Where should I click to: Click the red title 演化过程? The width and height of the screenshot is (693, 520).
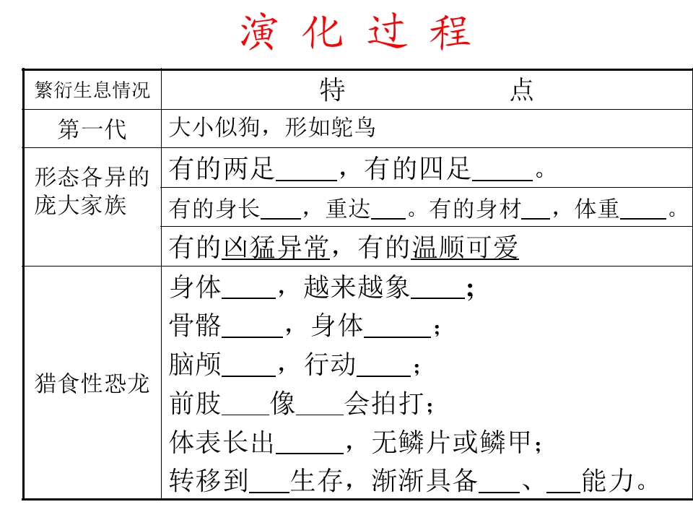pyautogui.click(x=355, y=32)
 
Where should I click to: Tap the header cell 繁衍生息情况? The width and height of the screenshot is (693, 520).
pyautogui.click(x=92, y=90)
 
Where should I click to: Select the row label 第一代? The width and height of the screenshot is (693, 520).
pyautogui.click(x=92, y=129)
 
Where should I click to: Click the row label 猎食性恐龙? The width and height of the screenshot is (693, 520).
pyautogui.click(x=92, y=383)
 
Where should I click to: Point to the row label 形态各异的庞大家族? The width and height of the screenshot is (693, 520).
pyautogui.click(x=92, y=191)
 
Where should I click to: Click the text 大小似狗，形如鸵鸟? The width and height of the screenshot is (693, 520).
pyautogui.click(x=272, y=128)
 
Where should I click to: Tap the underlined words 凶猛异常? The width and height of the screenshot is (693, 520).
pyautogui.click(x=275, y=247)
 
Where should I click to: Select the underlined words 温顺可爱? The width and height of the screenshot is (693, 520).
pyautogui.click(x=465, y=247)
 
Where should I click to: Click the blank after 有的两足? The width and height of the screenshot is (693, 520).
pyautogui.click(x=306, y=180)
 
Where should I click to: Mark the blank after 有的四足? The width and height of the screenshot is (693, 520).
pyautogui.click(x=502, y=180)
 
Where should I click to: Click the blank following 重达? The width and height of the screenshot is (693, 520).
pyautogui.click(x=388, y=218)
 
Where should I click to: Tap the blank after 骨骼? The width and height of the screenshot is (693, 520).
pyautogui.click(x=252, y=337)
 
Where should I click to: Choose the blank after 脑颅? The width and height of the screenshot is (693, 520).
pyautogui.click(x=249, y=376)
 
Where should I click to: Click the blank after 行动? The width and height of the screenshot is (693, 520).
pyautogui.click(x=383, y=376)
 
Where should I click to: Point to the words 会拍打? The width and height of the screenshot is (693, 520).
pyautogui.click(x=385, y=403)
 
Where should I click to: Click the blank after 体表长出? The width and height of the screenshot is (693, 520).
pyautogui.click(x=310, y=452)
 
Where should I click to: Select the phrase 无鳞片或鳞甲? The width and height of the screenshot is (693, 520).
pyautogui.click(x=451, y=442)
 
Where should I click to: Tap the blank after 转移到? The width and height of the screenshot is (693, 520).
pyautogui.click(x=269, y=491)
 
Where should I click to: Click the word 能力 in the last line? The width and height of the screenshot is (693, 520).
pyautogui.click(x=608, y=480)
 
